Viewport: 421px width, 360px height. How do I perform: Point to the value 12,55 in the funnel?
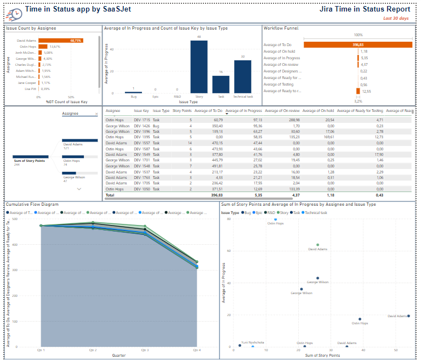[366, 91]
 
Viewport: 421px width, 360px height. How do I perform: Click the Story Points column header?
[182, 110]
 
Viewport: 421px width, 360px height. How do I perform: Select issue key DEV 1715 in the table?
[142, 120]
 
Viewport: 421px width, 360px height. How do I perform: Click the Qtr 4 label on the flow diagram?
[196, 350]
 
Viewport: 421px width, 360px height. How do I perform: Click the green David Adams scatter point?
[317, 245]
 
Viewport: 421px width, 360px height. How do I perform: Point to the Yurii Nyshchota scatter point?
[240, 345]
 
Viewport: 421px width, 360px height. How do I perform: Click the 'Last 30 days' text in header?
[396, 18]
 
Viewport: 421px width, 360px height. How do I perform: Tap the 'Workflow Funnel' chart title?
[281, 28]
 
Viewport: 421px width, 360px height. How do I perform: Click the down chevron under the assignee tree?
[79, 189]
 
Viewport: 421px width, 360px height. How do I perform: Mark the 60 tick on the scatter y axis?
[229, 251]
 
